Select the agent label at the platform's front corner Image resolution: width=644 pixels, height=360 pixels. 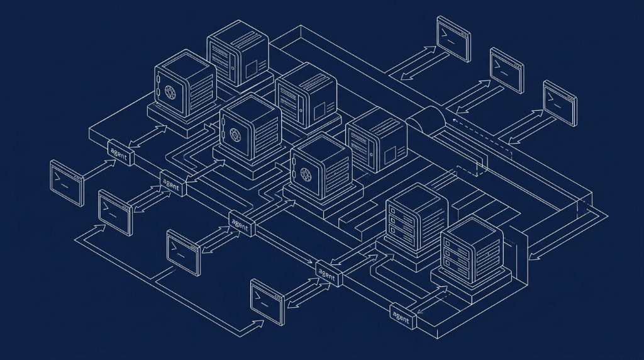tap(403, 315)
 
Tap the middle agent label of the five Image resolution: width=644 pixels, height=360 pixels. tap(242, 223)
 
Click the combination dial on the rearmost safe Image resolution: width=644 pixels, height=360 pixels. tap(170, 92)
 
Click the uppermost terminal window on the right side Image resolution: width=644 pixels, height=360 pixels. tap(453, 39)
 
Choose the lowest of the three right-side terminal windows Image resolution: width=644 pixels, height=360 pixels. tap(560, 103)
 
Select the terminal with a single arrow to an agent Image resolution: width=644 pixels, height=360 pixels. tap(67, 183)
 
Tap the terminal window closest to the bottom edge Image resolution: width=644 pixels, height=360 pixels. tap(267, 302)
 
